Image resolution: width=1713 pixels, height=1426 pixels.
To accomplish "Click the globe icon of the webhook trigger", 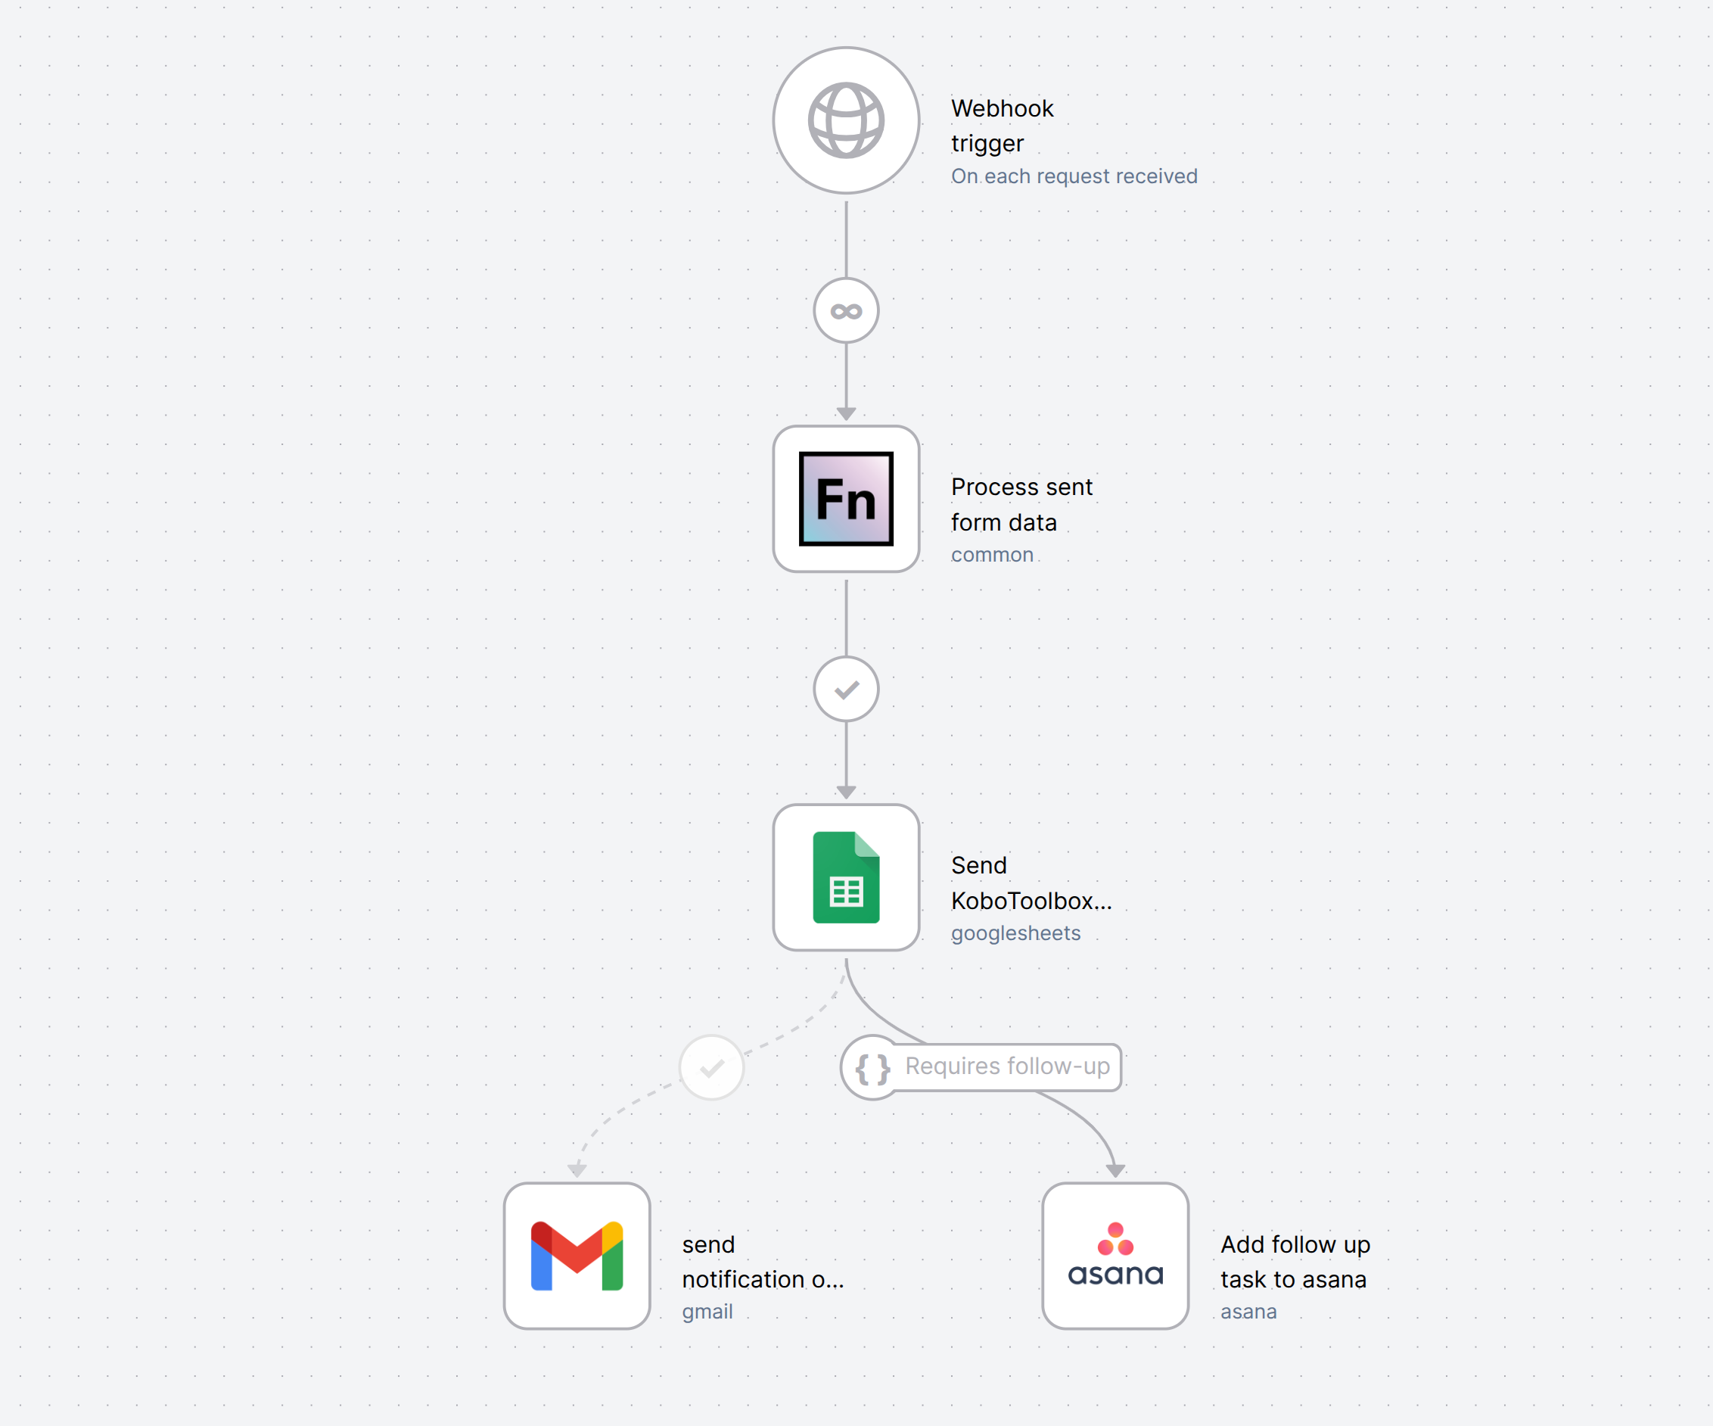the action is click(846, 121).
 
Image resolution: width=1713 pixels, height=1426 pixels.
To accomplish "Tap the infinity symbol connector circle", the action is click(846, 311).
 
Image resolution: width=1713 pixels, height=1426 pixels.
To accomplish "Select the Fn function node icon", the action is click(846, 499).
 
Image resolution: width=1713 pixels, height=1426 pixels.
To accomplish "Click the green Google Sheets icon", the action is click(846, 877).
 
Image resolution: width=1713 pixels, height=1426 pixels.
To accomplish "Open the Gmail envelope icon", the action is click(577, 1256).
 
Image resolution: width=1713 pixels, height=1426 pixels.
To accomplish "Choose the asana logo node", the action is click(1115, 1256).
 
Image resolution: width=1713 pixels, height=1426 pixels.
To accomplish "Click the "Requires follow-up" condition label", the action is click(1007, 1066).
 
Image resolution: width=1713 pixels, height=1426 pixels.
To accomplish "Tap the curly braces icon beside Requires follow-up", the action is click(872, 1068).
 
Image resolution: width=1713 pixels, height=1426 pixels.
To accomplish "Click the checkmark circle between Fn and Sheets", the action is click(846, 690).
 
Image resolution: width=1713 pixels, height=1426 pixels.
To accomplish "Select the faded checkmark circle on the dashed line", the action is click(712, 1068).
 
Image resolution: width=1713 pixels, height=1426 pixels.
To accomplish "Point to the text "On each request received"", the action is click(1074, 176).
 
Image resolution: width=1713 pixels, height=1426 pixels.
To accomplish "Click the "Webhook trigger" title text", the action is click(1003, 126).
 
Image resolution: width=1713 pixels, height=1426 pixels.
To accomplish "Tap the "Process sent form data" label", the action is click(1021, 504).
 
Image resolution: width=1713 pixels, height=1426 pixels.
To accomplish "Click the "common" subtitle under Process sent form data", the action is click(992, 555).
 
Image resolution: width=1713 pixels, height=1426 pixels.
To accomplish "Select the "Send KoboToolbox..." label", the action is click(1031, 883).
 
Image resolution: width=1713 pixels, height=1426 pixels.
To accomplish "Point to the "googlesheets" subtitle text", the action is click(1015, 933).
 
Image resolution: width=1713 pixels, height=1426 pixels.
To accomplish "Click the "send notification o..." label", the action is click(763, 1261).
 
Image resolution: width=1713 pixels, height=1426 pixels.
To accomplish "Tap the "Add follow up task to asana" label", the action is click(1295, 1261).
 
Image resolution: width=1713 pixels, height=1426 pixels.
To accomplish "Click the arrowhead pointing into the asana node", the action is click(1115, 1171).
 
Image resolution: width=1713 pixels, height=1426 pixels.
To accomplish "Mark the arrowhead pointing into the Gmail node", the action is click(577, 1171).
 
